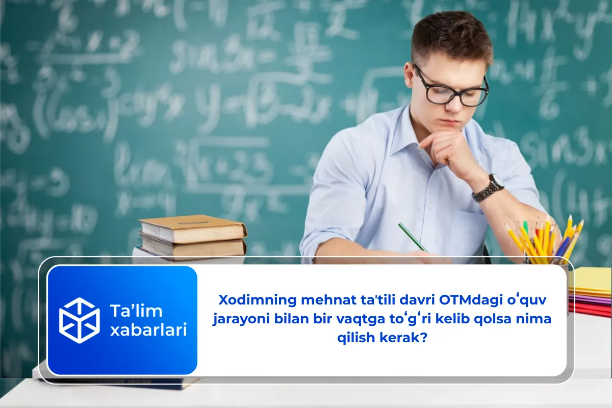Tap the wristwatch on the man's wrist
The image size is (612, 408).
489,188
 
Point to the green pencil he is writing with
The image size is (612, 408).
413,237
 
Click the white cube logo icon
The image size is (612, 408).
79,320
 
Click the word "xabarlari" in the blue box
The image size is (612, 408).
148,330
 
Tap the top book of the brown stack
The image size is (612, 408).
192,228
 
